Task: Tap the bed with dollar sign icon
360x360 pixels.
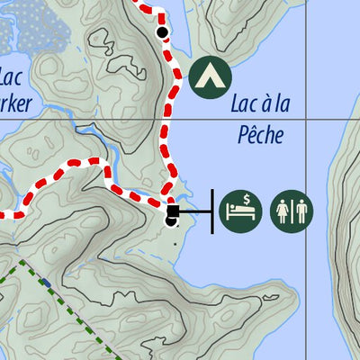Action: tap(240, 209)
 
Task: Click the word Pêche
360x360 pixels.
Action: tap(261, 136)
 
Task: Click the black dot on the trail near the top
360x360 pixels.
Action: tap(162, 33)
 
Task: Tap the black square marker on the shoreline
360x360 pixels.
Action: tap(172, 212)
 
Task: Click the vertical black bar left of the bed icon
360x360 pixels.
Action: tap(212, 211)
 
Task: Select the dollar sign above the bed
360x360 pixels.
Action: tap(246, 199)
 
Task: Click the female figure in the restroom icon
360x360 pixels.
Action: tap(283, 210)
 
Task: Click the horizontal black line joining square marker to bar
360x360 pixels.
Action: tap(193, 212)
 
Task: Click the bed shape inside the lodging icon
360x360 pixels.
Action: tap(240, 212)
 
